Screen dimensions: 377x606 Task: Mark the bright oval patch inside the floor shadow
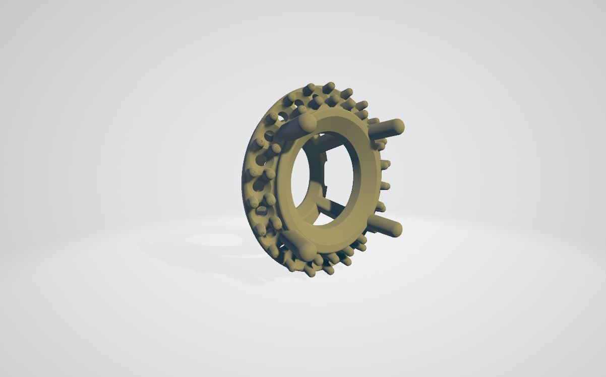coord(214,240)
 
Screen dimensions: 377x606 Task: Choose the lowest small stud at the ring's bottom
coord(309,272)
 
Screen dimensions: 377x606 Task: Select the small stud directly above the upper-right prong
coord(373,121)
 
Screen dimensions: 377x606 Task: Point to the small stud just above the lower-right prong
coord(381,207)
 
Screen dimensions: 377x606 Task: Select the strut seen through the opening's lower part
coord(330,205)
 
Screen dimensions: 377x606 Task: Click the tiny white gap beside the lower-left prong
coord(283,247)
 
